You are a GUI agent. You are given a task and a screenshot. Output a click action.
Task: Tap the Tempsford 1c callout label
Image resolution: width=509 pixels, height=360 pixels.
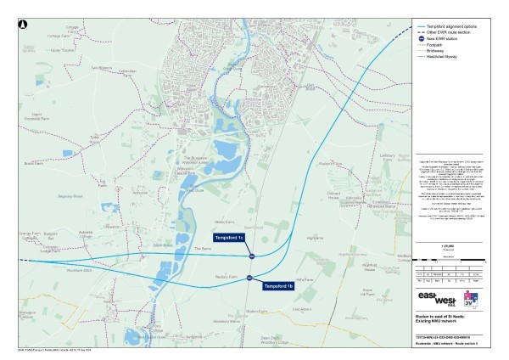click(x=229, y=237)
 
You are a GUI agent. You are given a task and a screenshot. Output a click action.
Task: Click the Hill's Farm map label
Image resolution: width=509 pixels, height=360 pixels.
click(x=306, y=280)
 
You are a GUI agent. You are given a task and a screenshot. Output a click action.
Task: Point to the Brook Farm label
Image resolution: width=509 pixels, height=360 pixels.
click(x=33, y=163)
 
